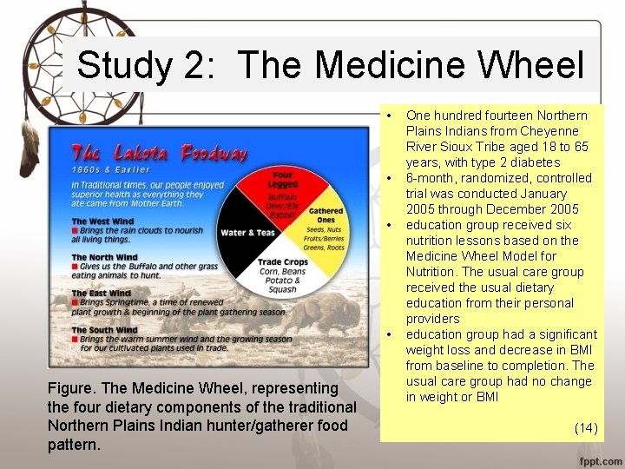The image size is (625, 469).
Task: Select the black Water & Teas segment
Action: (x=247, y=232)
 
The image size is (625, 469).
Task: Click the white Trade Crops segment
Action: (x=283, y=274)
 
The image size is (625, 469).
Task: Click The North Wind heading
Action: (x=105, y=257)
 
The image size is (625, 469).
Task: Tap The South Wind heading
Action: (x=105, y=330)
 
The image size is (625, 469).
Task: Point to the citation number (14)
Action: (x=585, y=427)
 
